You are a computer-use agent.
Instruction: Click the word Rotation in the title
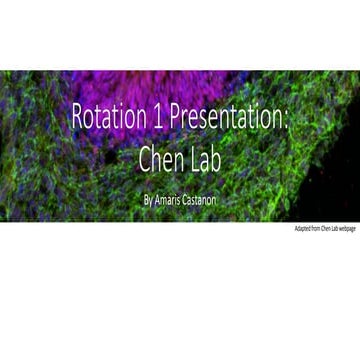106,118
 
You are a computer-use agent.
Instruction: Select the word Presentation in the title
223,118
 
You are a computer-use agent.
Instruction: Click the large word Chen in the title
159,159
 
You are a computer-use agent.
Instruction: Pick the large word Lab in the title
206,159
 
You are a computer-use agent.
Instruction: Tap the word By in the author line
148,200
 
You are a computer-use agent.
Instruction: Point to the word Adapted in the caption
302,229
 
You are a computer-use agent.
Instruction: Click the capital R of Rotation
77,118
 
